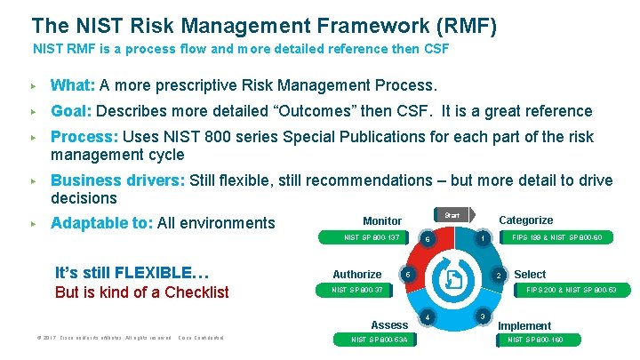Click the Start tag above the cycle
pos(452,215)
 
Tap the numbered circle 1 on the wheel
pos(482,238)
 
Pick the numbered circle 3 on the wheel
pos(482,316)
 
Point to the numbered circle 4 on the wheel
pos(428,316)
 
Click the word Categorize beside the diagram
pos(525,220)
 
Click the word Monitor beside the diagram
pos(382,220)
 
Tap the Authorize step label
pos(356,275)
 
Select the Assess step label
pos(389,325)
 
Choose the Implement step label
pos(524,326)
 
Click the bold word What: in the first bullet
pos(73,86)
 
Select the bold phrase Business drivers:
pos(117,180)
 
